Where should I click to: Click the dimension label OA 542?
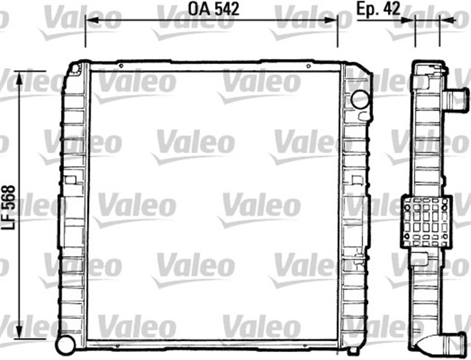(x=213, y=9)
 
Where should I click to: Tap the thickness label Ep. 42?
(x=378, y=9)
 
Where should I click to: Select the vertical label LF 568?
(x=8, y=208)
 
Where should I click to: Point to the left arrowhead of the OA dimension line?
(x=92, y=20)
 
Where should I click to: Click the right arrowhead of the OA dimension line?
(x=331, y=20)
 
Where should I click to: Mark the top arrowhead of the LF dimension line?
(x=20, y=78)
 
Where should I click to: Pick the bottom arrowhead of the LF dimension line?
(x=20, y=332)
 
